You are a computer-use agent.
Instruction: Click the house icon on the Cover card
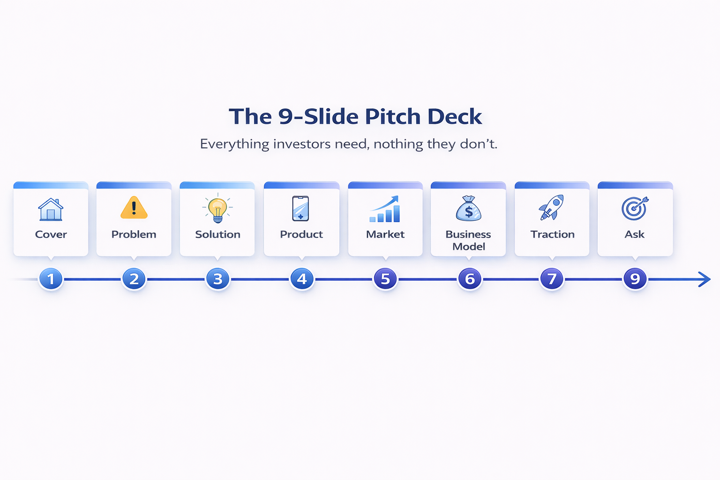pyautogui.click(x=51, y=209)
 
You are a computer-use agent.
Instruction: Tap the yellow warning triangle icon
pyautogui.click(x=134, y=208)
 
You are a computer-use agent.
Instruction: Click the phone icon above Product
pyautogui.click(x=301, y=208)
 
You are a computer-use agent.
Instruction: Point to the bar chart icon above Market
pyautogui.click(x=385, y=209)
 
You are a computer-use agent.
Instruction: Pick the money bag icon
pyautogui.click(x=468, y=209)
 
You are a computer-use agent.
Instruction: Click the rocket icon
pyautogui.click(x=552, y=208)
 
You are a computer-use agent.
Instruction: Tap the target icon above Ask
pyautogui.click(x=635, y=208)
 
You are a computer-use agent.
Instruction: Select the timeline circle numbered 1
pyautogui.click(x=51, y=279)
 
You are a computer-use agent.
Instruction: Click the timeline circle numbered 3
pyautogui.click(x=218, y=279)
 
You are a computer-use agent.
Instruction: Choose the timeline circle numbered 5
pyautogui.click(x=385, y=279)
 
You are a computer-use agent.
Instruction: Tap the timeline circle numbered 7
pyautogui.click(x=552, y=279)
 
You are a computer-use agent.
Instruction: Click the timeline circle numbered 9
pyautogui.click(x=635, y=279)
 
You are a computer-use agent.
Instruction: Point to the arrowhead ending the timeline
pyautogui.click(x=705, y=279)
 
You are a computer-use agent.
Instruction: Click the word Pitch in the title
pyautogui.click(x=392, y=116)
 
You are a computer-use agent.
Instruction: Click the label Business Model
pyautogui.click(x=468, y=240)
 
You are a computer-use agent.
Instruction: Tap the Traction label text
pyautogui.click(x=552, y=234)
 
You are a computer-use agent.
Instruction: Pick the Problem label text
pyautogui.click(x=134, y=234)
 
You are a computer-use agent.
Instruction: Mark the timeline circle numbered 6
pyautogui.click(x=470, y=279)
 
